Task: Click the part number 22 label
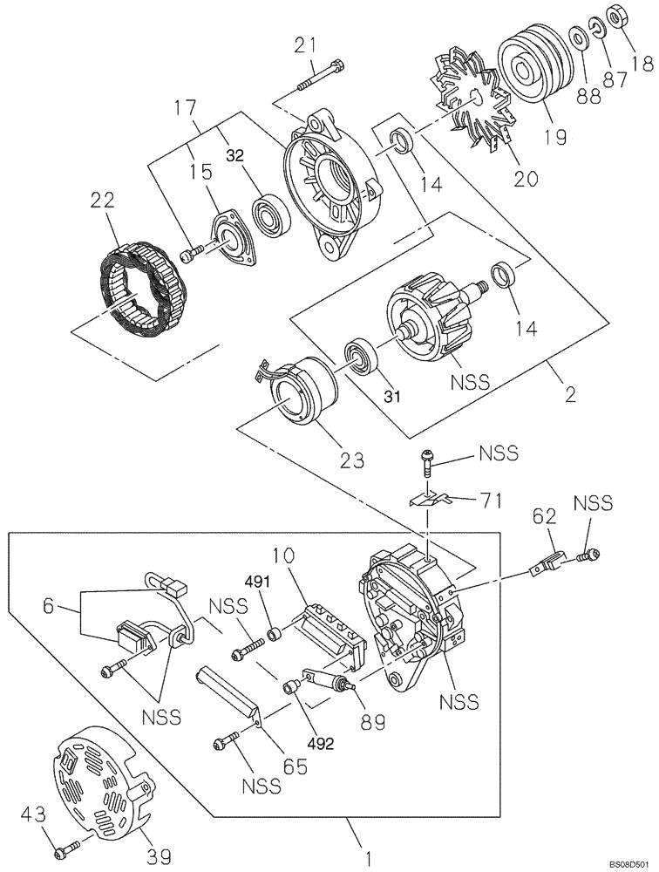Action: click(102, 201)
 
